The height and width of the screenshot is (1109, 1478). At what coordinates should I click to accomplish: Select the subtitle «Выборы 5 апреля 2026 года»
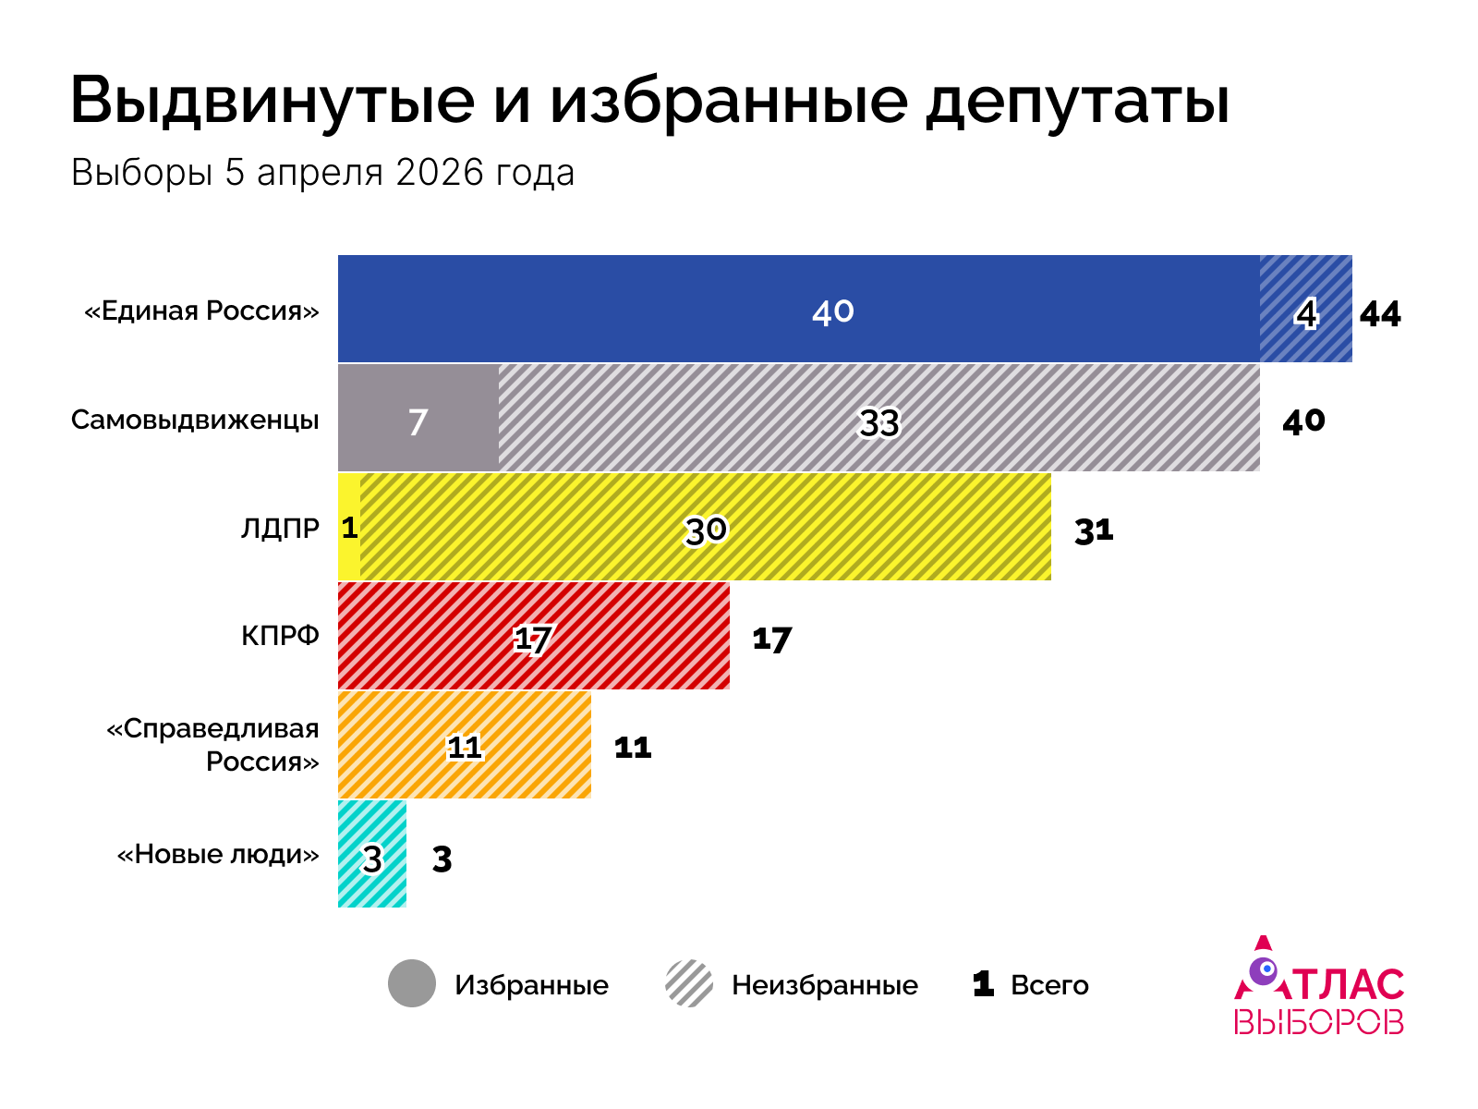point(322,173)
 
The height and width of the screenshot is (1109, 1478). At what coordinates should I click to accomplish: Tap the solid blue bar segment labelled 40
point(798,309)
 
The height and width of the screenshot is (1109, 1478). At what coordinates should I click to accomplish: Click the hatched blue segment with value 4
point(1305,309)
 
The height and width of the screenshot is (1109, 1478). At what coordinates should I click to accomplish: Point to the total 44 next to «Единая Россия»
point(1380,315)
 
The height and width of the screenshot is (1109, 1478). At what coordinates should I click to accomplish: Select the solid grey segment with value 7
point(418,418)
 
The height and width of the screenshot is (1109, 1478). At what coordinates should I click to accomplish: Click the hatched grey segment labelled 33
point(878,418)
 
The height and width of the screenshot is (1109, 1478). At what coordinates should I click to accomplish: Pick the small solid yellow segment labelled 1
point(349,527)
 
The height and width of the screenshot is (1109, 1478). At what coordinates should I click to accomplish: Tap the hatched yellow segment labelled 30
point(705,527)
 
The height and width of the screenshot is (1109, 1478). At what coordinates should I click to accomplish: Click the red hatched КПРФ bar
point(533,636)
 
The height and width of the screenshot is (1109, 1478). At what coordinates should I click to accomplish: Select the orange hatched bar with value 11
point(465,745)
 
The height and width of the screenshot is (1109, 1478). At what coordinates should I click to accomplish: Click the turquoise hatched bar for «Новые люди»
point(371,854)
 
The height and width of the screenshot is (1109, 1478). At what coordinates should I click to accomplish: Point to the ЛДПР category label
point(280,528)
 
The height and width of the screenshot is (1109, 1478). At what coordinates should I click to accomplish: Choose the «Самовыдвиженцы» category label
point(195,420)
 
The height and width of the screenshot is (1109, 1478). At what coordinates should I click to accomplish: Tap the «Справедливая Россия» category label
point(214,745)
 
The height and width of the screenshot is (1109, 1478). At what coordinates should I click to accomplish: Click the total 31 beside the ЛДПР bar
point(1094,531)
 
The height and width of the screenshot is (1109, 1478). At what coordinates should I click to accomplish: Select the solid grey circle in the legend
point(412,983)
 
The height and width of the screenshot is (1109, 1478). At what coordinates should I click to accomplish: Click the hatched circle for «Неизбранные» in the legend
point(689,983)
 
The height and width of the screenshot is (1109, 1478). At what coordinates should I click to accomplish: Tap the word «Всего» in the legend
point(1049,985)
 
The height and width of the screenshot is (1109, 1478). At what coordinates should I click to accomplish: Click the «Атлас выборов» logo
point(1319,989)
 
